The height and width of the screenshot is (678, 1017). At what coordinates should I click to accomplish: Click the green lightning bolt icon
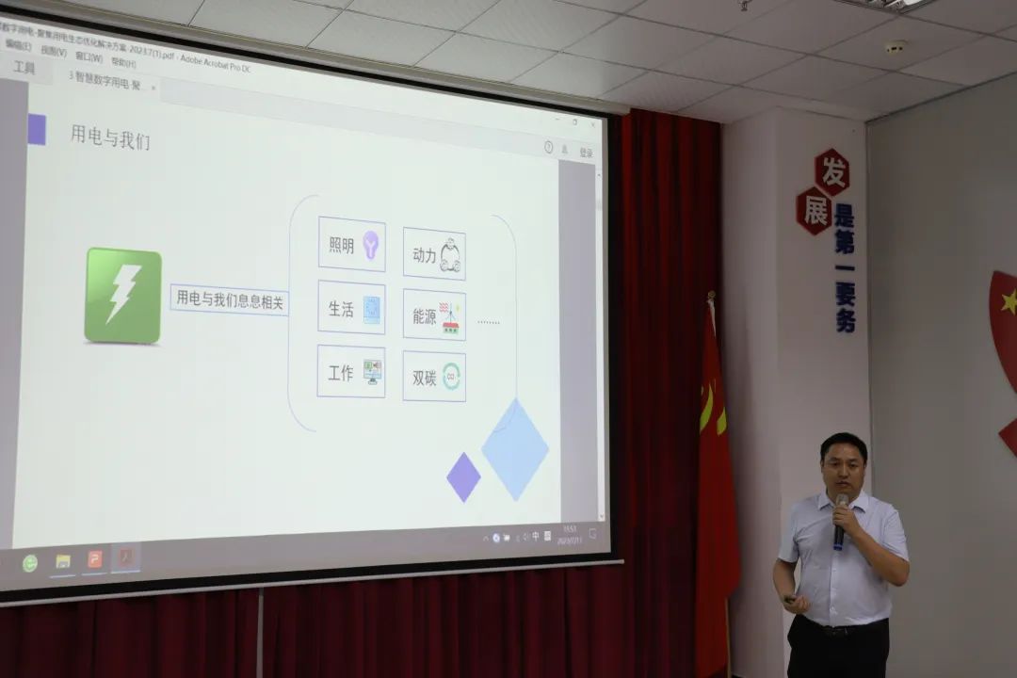[x=123, y=295]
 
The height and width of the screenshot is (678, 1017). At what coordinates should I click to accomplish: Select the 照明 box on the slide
[x=351, y=245]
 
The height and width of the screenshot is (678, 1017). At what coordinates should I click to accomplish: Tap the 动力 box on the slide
[x=434, y=253]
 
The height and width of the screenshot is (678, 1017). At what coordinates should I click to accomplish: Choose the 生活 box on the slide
[x=350, y=308]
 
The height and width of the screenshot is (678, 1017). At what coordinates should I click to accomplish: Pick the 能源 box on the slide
[x=434, y=315]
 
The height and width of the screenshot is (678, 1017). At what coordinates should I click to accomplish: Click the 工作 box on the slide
[x=350, y=371]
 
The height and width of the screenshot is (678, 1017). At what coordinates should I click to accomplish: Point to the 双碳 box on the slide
[x=434, y=377]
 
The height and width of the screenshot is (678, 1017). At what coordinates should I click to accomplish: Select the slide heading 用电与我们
[x=110, y=136]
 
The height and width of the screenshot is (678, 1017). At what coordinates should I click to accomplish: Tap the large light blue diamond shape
[x=515, y=448]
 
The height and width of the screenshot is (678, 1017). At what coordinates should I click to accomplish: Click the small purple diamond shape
[x=463, y=476]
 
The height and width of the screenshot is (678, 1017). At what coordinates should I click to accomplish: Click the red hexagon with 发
[x=831, y=171]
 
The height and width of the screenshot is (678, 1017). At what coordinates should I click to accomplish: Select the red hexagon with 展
[x=814, y=210]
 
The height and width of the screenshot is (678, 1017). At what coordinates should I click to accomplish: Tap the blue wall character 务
[x=846, y=320]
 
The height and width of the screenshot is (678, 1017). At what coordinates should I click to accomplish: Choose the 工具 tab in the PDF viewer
[x=24, y=68]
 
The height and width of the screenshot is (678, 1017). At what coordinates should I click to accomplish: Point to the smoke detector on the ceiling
[x=895, y=46]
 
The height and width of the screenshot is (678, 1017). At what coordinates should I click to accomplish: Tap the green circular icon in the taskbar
[x=30, y=563]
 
